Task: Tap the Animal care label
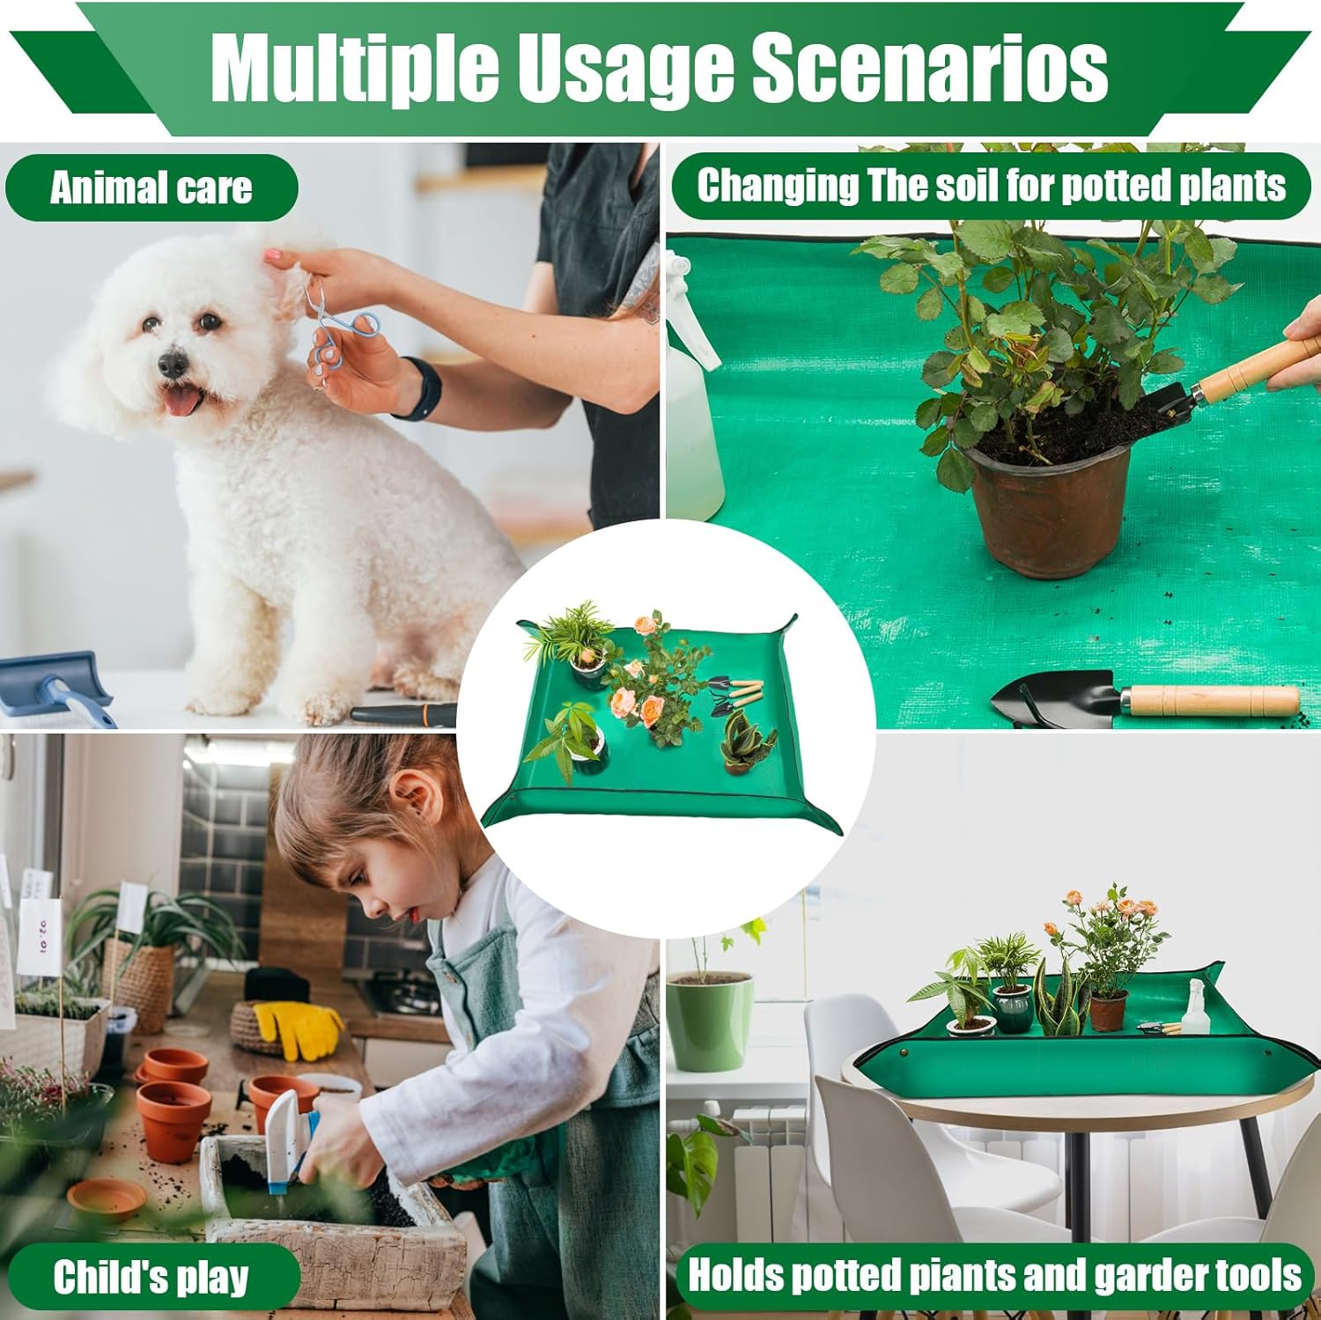(151, 188)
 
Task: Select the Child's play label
(151, 1276)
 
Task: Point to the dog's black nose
(173, 363)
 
